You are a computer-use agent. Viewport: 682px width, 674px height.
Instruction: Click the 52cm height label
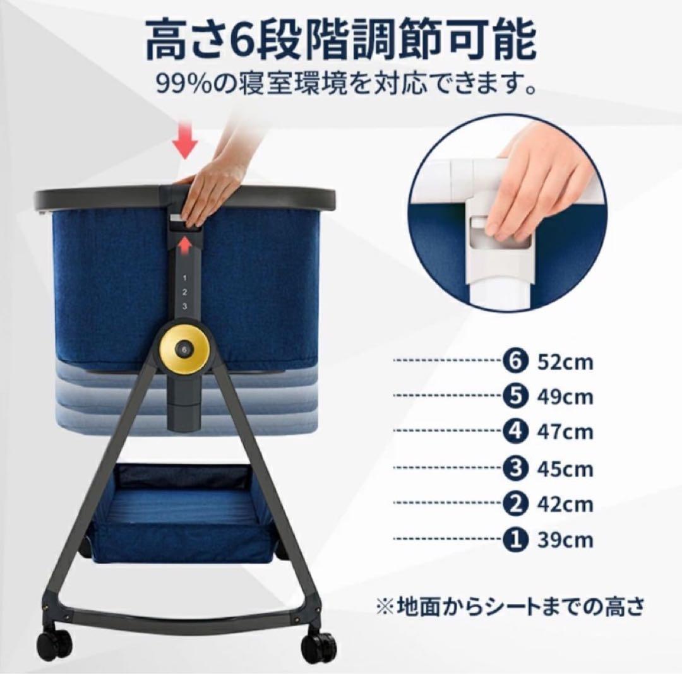point(565,363)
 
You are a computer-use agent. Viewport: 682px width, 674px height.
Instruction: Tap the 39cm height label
point(565,540)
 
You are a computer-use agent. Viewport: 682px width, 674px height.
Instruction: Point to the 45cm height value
point(565,469)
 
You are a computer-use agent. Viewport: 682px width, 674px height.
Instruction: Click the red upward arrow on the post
point(184,244)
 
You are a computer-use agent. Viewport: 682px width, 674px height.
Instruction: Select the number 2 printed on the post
point(184,292)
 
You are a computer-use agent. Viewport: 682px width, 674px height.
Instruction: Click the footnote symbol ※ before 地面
point(383,608)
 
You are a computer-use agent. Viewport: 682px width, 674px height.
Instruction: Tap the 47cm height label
point(565,432)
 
